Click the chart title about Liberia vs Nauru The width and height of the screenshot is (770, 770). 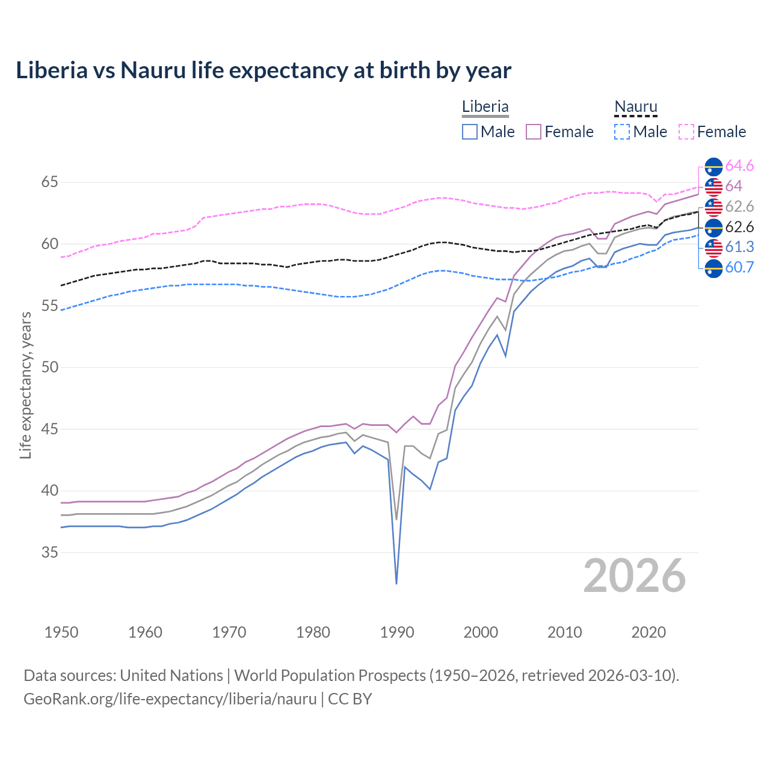[x=263, y=70]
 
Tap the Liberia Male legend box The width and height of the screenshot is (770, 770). [x=470, y=132]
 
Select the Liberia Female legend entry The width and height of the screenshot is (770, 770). [x=559, y=132]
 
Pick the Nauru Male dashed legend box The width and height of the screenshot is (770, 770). [x=622, y=132]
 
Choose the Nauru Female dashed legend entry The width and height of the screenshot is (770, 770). [x=712, y=132]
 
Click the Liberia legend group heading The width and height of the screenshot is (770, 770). [x=485, y=106]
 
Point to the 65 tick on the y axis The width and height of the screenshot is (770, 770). [x=50, y=182]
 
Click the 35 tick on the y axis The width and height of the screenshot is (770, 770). [x=50, y=552]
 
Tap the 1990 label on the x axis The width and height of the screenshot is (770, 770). [x=397, y=632]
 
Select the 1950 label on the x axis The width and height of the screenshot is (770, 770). [x=61, y=632]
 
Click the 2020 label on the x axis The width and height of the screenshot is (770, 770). [x=648, y=632]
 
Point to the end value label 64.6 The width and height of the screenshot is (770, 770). [x=739, y=165]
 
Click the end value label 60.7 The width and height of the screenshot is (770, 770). [x=739, y=268]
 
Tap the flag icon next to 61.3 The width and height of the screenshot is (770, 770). [x=713, y=247]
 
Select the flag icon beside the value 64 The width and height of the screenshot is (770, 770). [x=713, y=186]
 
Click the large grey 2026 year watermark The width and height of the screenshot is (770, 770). [x=635, y=576]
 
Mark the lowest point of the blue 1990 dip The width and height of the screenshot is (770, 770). [x=396, y=583]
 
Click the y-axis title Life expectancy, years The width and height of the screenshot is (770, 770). [x=26, y=385]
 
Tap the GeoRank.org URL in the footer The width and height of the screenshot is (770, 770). [x=170, y=699]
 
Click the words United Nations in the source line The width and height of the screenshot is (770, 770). [x=171, y=675]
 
